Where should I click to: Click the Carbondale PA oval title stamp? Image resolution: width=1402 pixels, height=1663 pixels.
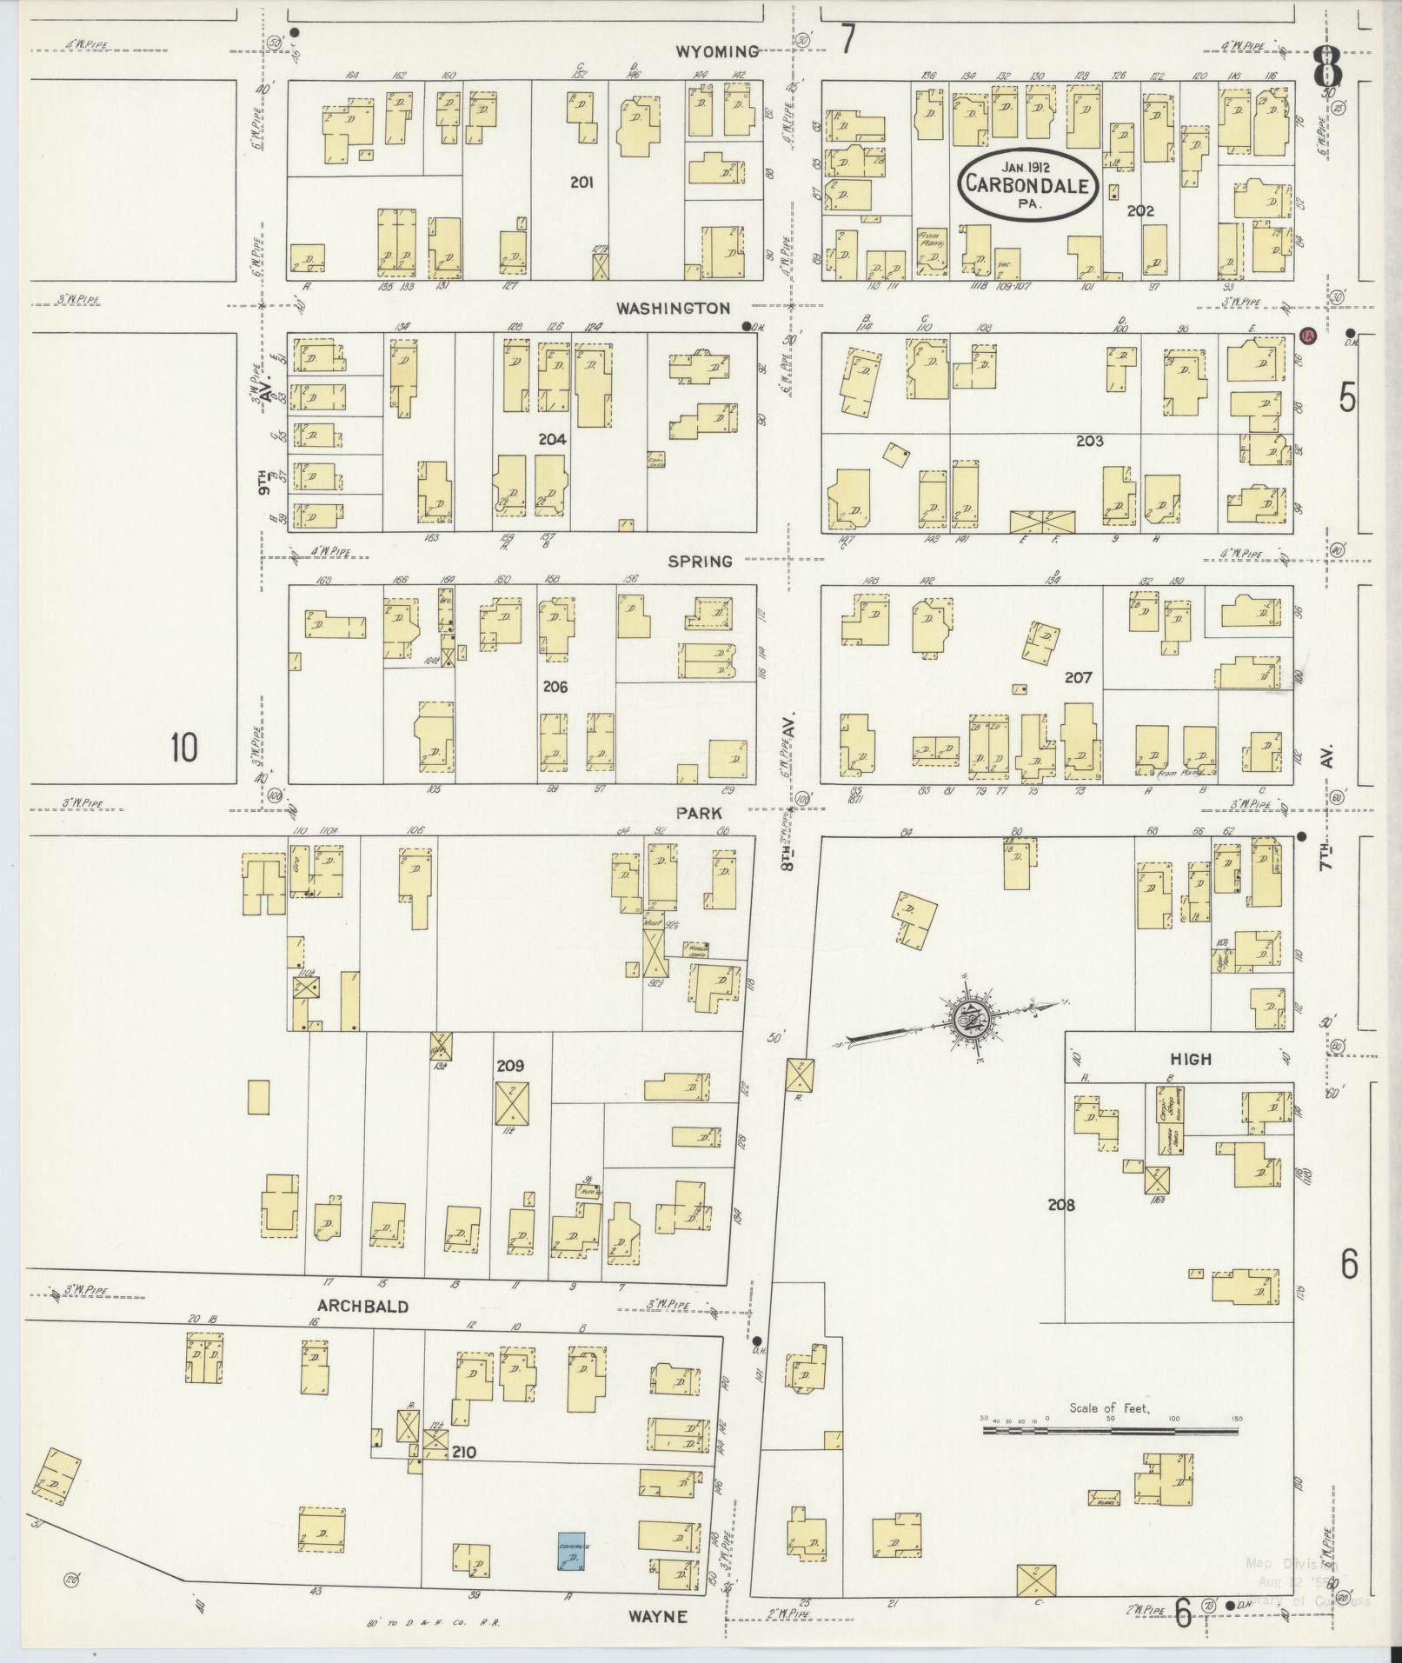[1028, 184]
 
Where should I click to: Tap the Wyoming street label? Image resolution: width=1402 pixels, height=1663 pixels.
[717, 51]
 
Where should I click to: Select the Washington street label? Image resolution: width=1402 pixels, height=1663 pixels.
[673, 308]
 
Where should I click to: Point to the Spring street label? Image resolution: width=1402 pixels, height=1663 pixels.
[700, 562]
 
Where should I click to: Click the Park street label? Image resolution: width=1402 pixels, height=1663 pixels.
[700, 811]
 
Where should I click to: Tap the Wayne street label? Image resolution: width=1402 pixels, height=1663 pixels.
[658, 1616]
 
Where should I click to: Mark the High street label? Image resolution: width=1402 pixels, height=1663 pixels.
[1190, 1059]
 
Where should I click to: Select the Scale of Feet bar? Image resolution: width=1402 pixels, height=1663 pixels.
[1110, 1428]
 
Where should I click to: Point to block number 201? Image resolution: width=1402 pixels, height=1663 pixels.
[581, 182]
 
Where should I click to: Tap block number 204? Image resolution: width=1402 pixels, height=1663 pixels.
[552, 439]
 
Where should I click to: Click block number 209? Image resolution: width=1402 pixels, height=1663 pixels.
[510, 1065]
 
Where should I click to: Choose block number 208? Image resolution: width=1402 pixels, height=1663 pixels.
[1061, 1205]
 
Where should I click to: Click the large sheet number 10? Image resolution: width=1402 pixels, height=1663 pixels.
[183, 748]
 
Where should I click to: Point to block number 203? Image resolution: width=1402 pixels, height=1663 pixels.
[1088, 441]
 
